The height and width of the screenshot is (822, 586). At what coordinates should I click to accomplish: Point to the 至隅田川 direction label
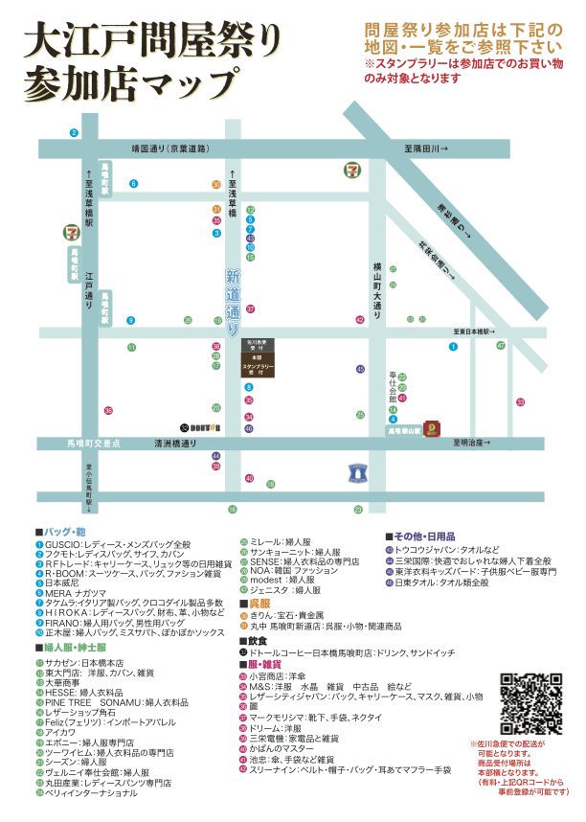tap(425, 149)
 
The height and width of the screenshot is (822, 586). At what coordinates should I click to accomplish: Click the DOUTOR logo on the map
tap(204, 425)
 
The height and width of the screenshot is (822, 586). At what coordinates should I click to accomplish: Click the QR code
tap(530, 704)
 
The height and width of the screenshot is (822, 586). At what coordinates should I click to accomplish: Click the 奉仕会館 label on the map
tap(393, 385)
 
